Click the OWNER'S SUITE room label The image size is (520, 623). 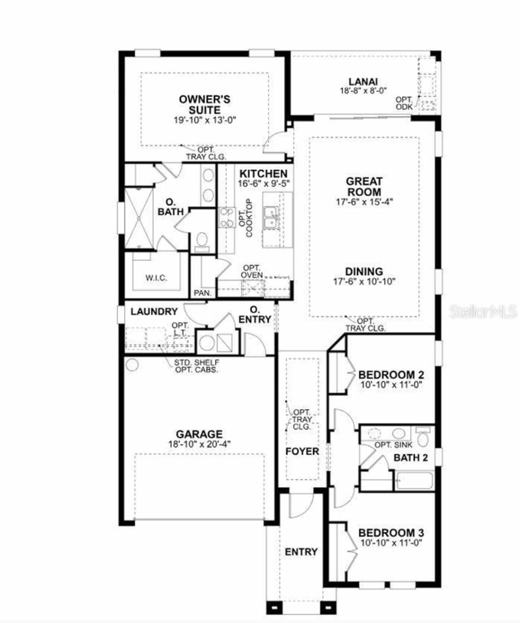tap(205, 104)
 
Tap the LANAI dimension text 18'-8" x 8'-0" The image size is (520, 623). tap(363, 91)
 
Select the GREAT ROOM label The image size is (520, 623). tap(364, 186)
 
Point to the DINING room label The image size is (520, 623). tap(364, 272)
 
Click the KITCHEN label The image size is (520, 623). tap(264, 174)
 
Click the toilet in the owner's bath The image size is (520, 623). tap(202, 241)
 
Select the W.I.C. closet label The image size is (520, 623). tap(156, 278)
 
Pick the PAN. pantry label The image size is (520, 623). tap(203, 293)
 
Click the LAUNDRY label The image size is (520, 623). tap(154, 311)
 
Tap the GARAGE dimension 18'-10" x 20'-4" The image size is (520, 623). tap(199, 444)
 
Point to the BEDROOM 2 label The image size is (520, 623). tap(391, 375)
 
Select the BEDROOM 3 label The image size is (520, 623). tap(391, 532)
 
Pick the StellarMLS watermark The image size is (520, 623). tap(483, 312)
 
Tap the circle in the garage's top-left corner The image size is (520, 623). tap(132, 365)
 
